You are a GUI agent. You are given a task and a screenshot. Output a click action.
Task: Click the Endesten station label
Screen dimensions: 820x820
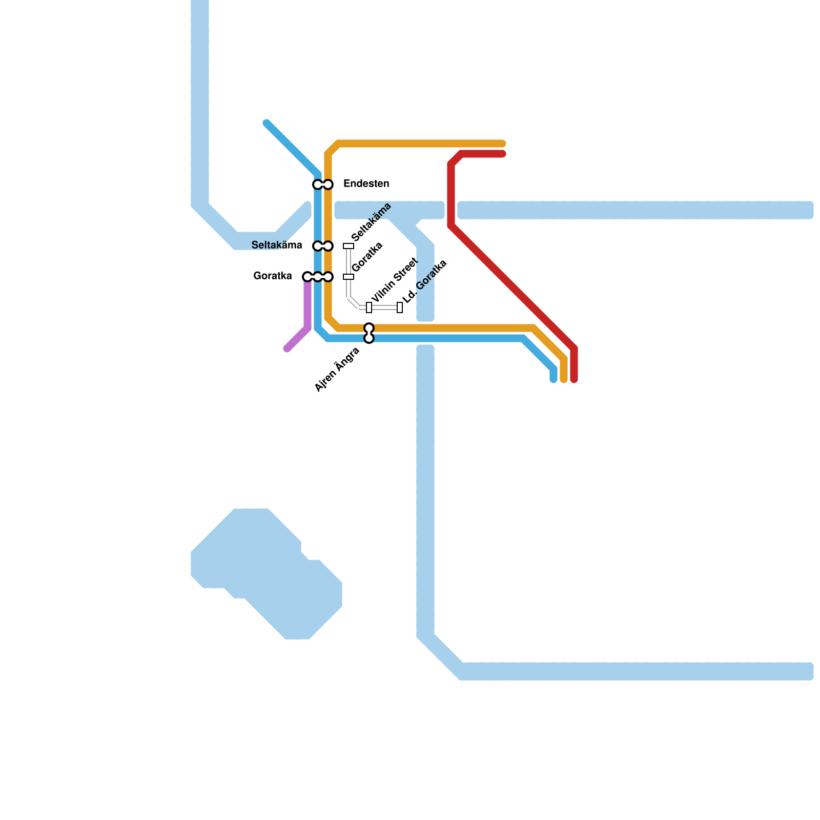[366, 183]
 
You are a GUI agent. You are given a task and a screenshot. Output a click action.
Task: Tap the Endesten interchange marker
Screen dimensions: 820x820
[323, 184]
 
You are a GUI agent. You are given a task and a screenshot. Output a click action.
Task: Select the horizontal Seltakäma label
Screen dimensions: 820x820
[277, 245]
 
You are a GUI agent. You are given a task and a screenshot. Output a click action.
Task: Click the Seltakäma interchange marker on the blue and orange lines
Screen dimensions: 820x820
[323, 246]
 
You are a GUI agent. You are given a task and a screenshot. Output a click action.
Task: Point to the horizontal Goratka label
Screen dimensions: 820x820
[273, 276]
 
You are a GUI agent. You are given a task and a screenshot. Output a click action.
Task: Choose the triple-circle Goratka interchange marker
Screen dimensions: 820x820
[318, 277]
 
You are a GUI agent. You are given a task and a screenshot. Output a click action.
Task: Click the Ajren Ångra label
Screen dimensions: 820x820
[337, 370]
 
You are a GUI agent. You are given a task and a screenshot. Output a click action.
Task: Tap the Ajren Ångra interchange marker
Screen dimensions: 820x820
[369, 333]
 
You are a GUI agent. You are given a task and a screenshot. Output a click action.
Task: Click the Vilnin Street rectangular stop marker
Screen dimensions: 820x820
[369, 307]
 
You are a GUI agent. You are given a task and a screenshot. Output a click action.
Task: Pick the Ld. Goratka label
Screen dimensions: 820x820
[424, 282]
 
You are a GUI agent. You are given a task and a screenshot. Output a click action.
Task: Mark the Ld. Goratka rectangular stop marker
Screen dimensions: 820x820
[400, 307]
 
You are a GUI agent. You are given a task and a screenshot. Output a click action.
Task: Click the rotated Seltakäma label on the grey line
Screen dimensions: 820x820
[372, 222]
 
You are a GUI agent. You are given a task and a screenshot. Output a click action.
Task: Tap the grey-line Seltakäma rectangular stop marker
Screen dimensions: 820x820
[348, 246]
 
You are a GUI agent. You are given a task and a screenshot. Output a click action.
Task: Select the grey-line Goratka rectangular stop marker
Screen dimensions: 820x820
[348, 277]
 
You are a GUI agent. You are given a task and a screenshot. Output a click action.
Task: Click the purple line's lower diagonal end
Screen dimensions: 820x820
[287, 349]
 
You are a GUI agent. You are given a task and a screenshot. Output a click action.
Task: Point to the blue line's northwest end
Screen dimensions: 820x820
[266, 123]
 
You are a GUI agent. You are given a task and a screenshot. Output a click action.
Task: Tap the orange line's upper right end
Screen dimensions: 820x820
[503, 143]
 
